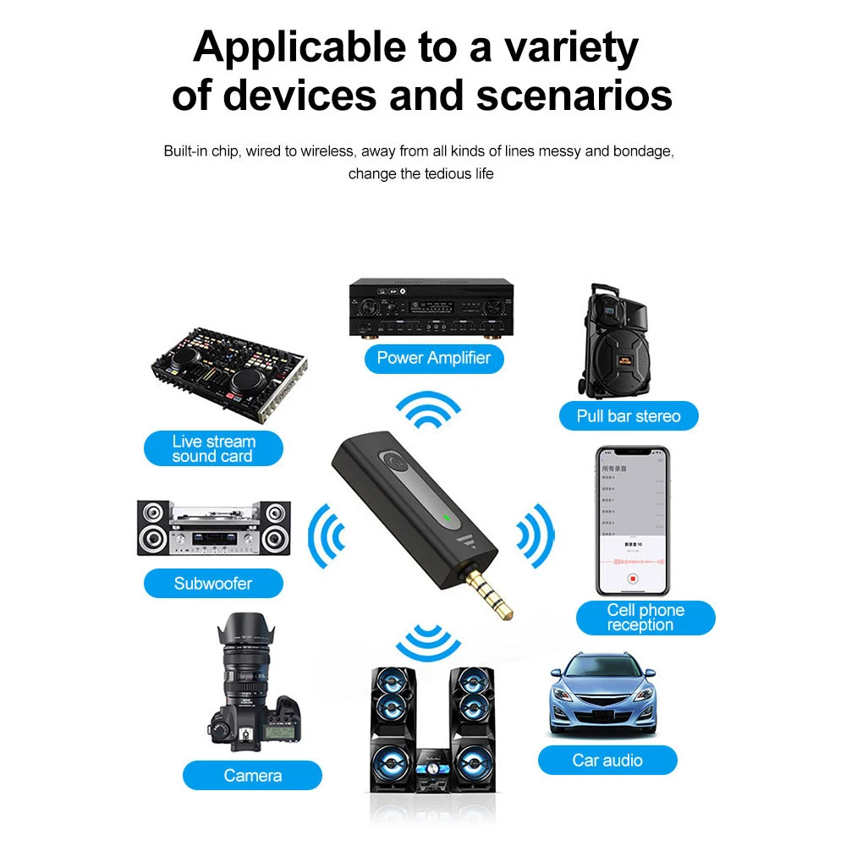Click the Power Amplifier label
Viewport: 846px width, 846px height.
(433, 358)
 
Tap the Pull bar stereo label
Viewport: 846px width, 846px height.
(629, 415)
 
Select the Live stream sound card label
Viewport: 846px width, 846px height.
(212, 448)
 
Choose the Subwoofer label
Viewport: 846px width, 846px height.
(213, 583)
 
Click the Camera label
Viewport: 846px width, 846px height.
(253, 775)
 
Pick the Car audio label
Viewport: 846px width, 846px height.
(607, 760)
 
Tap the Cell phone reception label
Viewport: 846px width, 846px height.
(645, 618)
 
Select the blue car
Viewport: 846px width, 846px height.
(602, 694)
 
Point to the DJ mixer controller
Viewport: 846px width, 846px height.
(228, 368)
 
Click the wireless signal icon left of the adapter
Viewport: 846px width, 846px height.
(326, 534)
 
